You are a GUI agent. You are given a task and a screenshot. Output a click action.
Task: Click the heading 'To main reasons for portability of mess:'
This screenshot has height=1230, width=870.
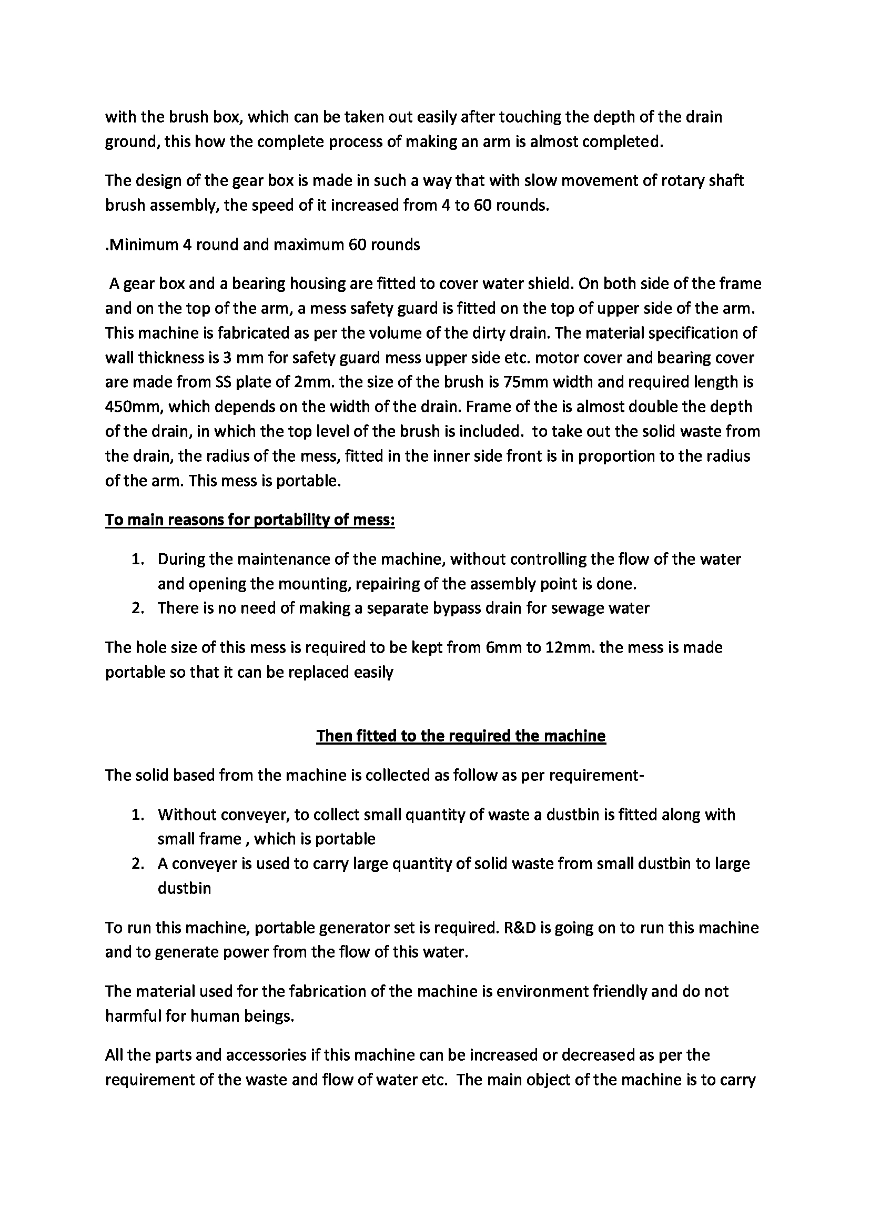click(250, 520)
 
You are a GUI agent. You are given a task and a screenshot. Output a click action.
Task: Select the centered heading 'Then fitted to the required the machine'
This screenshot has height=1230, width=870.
click(461, 736)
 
